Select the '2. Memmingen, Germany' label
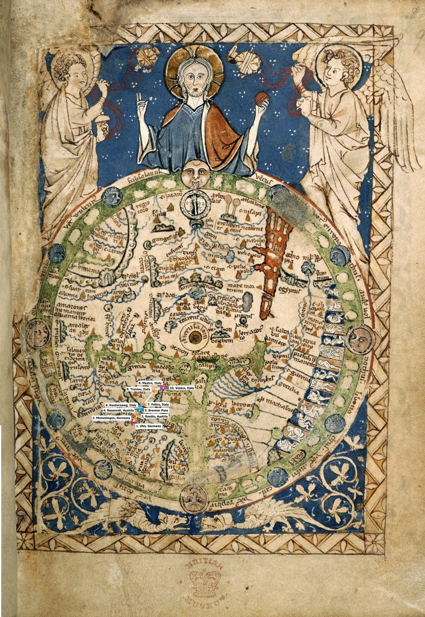point(111,418)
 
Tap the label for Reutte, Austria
point(154,416)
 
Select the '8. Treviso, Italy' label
point(139,389)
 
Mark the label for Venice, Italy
point(181,388)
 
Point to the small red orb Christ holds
point(261,98)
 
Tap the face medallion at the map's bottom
point(194,498)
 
